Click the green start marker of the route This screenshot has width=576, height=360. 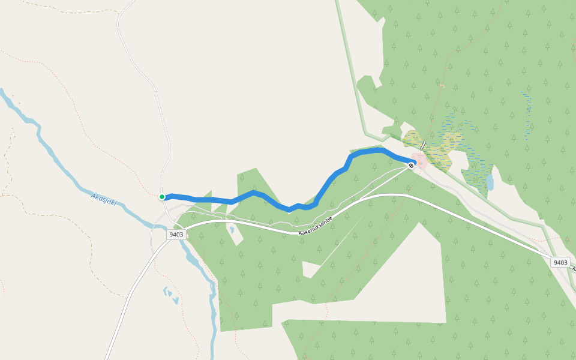coord(162,197)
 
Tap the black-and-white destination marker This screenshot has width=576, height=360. coord(411,165)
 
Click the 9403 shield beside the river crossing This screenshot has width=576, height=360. coord(176,234)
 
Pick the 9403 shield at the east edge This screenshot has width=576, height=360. coord(560,262)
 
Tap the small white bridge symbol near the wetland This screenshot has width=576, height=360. coord(423,145)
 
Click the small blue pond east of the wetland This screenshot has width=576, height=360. coord(490,182)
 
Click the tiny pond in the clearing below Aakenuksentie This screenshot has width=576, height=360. coord(231,229)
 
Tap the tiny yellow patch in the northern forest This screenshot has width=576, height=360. coord(442,86)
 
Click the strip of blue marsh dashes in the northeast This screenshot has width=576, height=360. coord(528,114)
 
